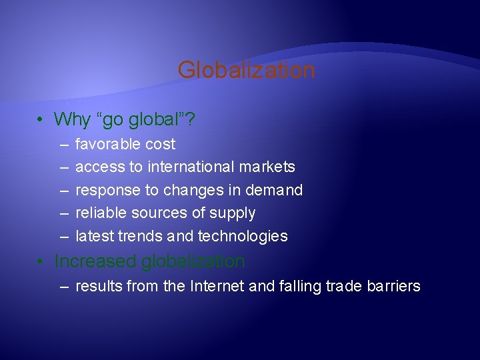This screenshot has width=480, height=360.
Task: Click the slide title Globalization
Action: pyautogui.click(x=246, y=70)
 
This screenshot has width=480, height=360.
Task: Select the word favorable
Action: pyautogui.click(x=107, y=144)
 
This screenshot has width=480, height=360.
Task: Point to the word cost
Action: pyautogui.click(x=159, y=144)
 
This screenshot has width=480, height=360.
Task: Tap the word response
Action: pyautogui.click(x=107, y=190)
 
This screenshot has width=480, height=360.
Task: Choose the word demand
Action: pyautogui.click(x=274, y=190)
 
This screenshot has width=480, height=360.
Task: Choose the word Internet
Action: pyautogui.click(x=217, y=287)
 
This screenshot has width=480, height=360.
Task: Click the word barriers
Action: pyautogui.click(x=395, y=287)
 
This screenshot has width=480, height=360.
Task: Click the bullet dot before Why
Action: pyautogui.click(x=41, y=120)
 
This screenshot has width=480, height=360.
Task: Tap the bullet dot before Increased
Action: pyautogui.click(x=41, y=262)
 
